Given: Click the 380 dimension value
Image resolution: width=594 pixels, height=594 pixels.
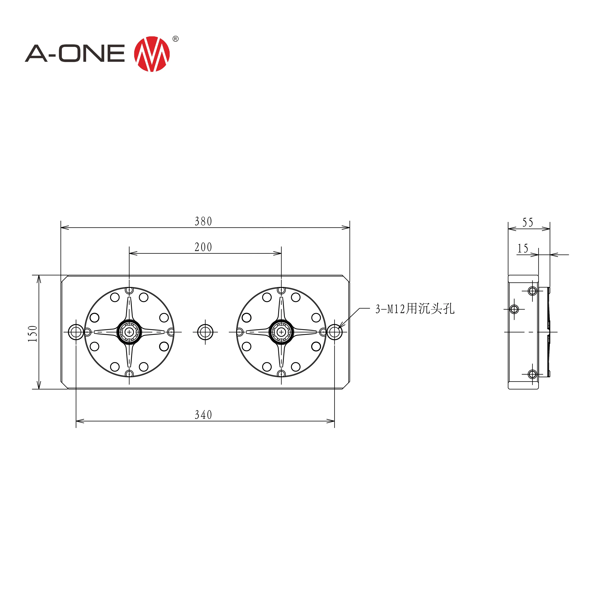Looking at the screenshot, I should tap(203, 221).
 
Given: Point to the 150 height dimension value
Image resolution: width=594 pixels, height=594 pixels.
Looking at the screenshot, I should tap(33, 334).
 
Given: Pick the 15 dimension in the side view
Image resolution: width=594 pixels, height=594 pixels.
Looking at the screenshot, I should tap(523, 248).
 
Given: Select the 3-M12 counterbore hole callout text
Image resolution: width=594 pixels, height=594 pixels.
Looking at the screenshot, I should tap(415, 309).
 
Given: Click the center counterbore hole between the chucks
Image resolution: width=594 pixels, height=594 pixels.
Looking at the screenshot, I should tap(205, 332).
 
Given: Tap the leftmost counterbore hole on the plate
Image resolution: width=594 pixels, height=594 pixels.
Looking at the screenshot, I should tap(76, 332).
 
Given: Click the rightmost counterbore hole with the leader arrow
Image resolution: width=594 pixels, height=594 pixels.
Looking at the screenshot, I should tap(335, 332).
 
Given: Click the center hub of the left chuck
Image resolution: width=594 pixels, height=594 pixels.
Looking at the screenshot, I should tap(129, 332).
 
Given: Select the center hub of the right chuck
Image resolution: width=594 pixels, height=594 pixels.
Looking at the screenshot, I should tap(281, 332).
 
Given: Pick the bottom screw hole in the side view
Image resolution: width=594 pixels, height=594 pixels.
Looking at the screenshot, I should tap(533, 374).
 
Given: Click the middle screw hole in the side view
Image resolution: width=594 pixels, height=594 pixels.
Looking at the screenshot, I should tap(514, 309).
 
